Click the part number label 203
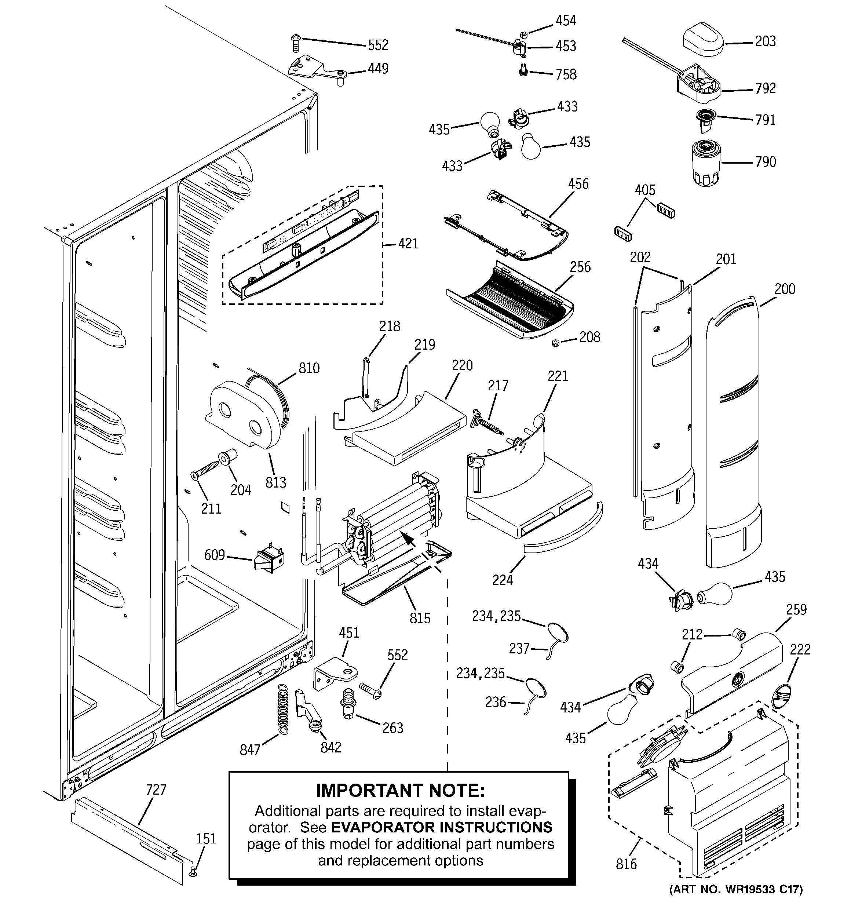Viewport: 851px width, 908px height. tap(765, 41)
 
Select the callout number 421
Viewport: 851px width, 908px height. tap(408, 244)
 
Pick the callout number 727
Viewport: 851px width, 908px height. tap(156, 790)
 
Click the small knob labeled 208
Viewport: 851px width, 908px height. tap(555, 343)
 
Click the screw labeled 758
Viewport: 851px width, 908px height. tap(523, 70)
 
